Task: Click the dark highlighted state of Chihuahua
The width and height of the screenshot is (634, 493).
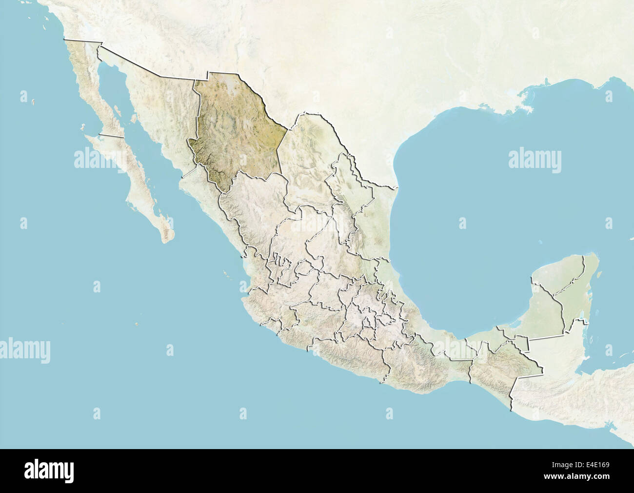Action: tap(234, 132)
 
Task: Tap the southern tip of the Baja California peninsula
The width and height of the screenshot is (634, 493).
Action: tap(169, 239)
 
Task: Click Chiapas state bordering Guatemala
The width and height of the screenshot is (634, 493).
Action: tap(493, 366)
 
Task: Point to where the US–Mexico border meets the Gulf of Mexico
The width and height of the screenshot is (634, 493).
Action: tap(398, 187)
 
